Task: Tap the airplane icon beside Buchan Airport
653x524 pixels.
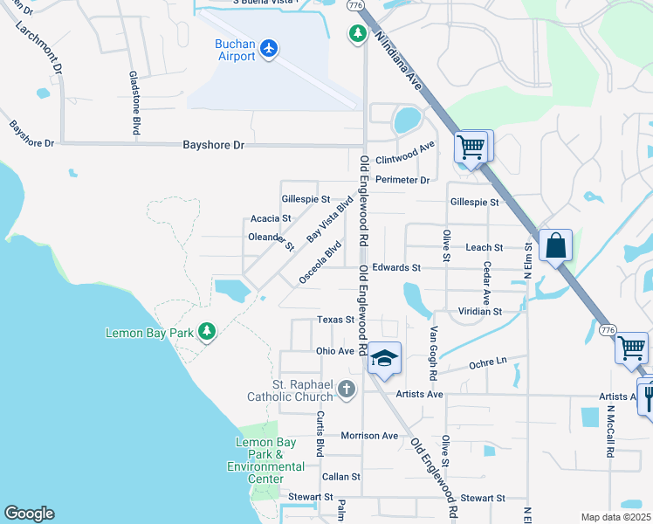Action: tap(269, 50)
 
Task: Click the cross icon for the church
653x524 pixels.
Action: tap(347, 389)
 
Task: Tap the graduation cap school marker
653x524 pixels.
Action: tap(383, 358)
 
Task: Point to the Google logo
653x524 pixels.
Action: tap(29, 514)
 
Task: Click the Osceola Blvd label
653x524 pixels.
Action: tap(319, 263)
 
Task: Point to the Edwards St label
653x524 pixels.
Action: tap(396, 267)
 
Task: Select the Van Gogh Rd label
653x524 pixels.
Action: tap(433, 353)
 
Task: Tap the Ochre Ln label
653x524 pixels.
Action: tap(488, 362)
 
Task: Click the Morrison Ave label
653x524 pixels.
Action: tap(369, 435)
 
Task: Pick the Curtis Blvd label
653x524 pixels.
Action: tap(320, 433)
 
